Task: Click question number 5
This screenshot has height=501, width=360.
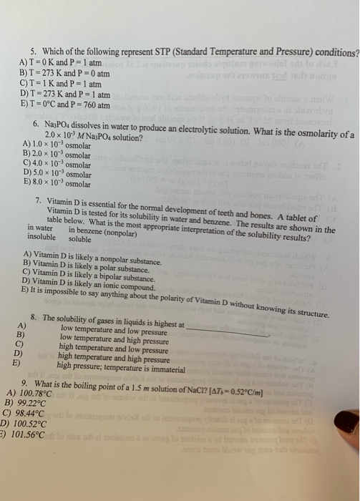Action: click(33, 52)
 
